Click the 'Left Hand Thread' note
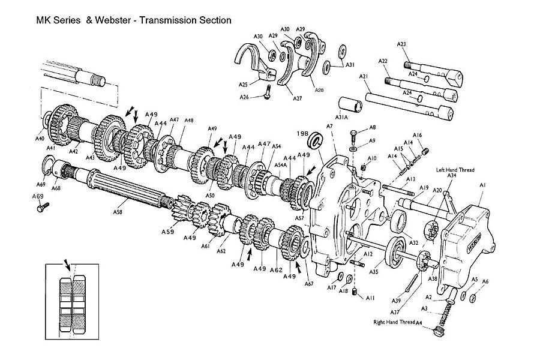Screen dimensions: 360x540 point(455,170)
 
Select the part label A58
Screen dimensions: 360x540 point(118,212)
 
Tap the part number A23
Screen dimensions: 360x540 point(401,44)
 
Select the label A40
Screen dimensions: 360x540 point(40,138)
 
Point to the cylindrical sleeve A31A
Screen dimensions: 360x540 point(351,104)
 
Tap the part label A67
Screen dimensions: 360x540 point(310,283)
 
